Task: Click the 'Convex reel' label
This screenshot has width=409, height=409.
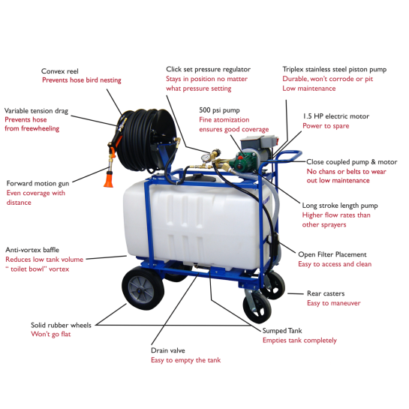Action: [x=60, y=71]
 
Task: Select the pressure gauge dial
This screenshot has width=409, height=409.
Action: [x=206, y=158]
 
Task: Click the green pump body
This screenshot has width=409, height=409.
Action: [x=242, y=161]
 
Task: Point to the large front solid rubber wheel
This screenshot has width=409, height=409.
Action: [x=143, y=287]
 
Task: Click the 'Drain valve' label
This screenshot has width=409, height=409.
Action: [x=168, y=350]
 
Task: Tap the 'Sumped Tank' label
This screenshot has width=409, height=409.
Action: [x=282, y=331]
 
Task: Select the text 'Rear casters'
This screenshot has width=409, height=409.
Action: [x=326, y=293]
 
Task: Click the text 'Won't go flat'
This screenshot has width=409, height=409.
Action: [x=51, y=334]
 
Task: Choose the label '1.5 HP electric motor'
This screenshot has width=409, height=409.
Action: [x=336, y=116]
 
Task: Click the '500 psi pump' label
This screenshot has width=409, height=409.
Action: [x=219, y=110]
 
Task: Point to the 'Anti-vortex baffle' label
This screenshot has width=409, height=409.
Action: [x=32, y=250]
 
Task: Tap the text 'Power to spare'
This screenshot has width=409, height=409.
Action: [x=326, y=126]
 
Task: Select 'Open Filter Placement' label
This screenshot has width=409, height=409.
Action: [x=332, y=254]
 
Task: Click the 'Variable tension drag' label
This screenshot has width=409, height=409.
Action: [x=36, y=111]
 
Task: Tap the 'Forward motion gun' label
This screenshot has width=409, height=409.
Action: [x=38, y=184]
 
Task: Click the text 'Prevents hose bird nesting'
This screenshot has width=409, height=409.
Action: [x=82, y=80]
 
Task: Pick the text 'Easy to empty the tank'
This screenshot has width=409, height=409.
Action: [x=185, y=360]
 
